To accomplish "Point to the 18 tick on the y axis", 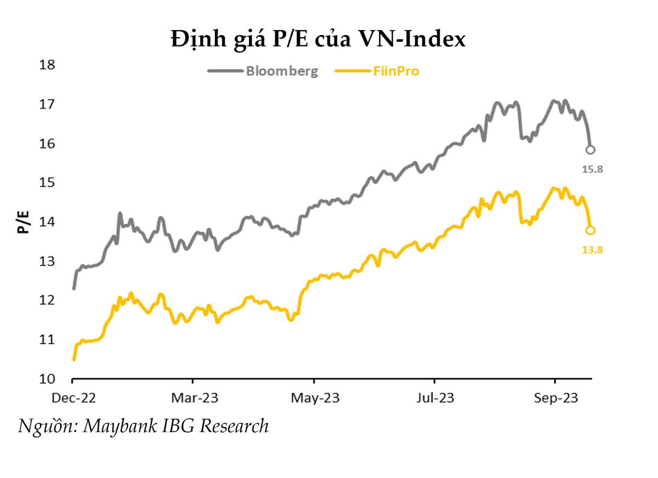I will click(49, 65).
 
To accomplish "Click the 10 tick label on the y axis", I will click(49, 379).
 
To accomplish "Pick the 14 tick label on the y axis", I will click(49, 222).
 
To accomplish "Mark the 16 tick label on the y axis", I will click(49, 144).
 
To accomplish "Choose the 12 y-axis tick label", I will click(49, 300).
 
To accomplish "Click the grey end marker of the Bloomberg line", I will click(591, 150).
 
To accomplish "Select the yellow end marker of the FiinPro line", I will click(591, 230).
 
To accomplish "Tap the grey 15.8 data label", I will click(592, 169).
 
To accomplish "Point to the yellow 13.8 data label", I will click(592, 250).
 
